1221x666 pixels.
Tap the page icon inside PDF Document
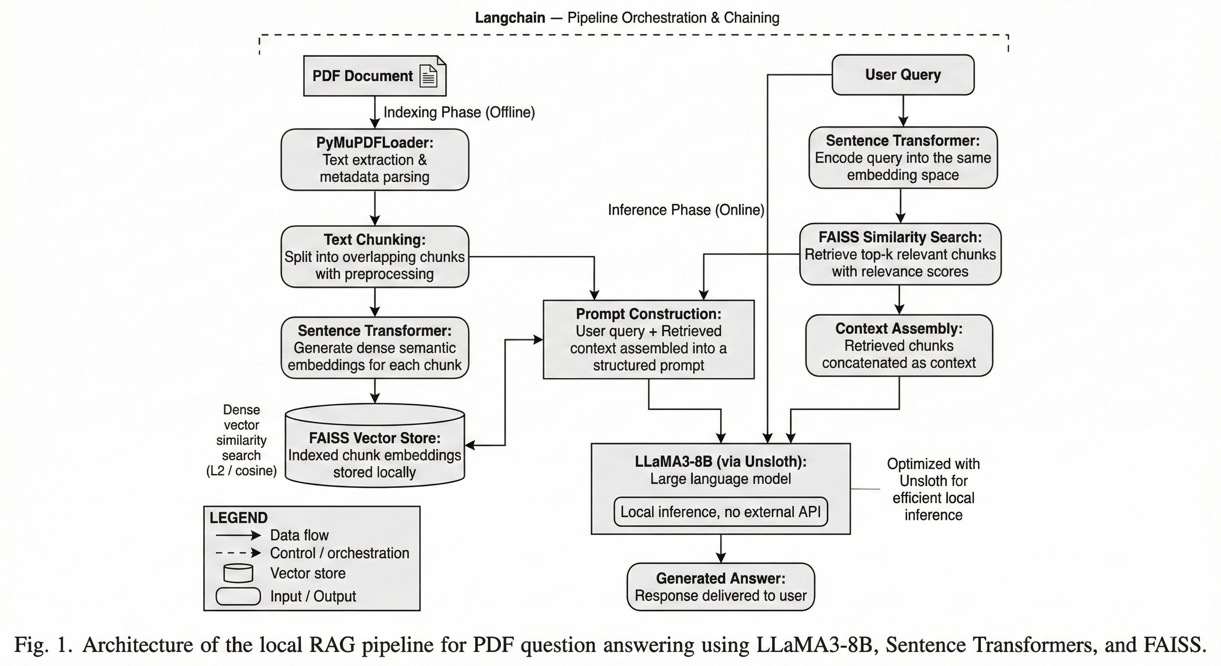428,76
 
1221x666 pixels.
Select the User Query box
903,75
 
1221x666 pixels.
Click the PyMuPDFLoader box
375,159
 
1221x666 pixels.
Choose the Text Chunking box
375,256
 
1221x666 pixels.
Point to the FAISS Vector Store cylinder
375,446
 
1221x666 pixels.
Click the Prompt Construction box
648,340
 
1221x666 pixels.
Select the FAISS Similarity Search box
900,254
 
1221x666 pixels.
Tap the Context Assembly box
899,346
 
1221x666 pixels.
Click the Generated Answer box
721,587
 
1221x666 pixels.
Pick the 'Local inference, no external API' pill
721,512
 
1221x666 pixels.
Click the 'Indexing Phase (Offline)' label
459,112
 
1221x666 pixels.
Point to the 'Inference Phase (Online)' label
686,210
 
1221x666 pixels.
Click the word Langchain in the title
510,18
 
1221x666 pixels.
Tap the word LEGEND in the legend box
238,518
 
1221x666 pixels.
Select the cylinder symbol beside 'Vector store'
238,573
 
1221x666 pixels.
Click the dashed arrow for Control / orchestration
238,553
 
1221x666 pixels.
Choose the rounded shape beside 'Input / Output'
238,596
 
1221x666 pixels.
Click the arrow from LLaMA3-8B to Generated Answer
721,548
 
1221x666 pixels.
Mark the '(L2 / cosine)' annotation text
241,471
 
